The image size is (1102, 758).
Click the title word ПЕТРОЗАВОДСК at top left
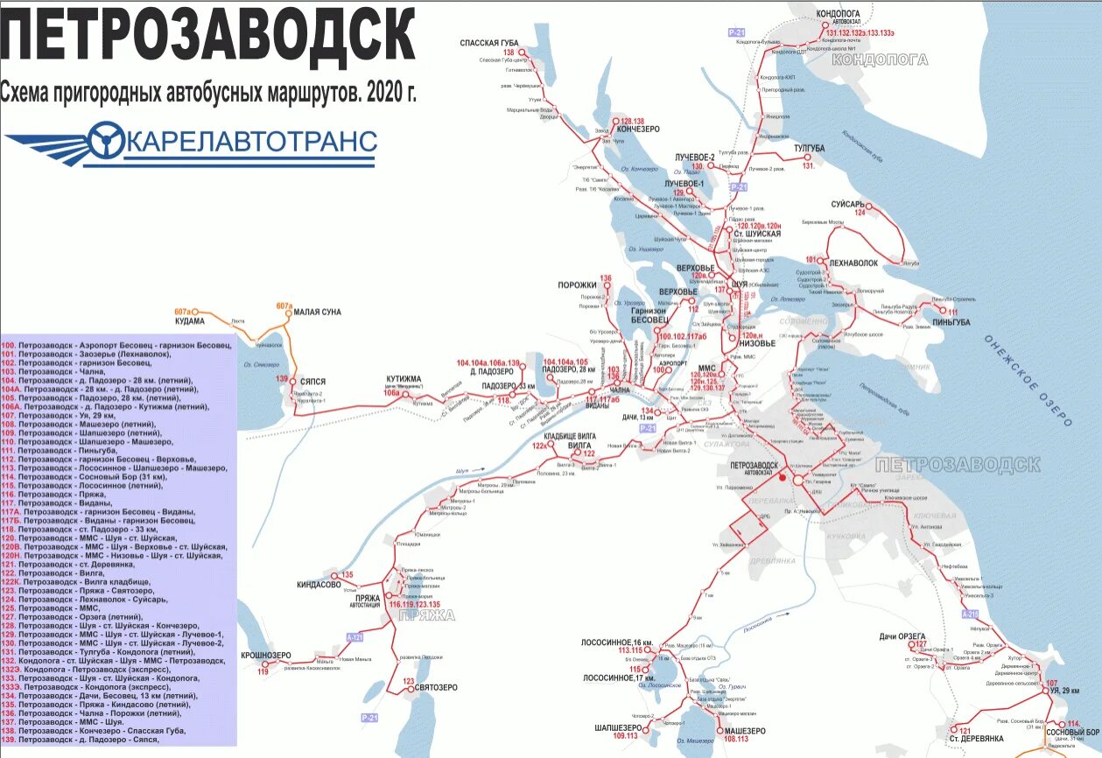click(x=208, y=37)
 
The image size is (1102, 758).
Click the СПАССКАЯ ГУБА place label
click(x=489, y=43)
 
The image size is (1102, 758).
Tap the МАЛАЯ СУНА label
click(x=317, y=312)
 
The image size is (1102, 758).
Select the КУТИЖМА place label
click(x=404, y=379)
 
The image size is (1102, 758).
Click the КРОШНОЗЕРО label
click(x=266, y=656)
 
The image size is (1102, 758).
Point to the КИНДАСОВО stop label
click(x=319, y=585)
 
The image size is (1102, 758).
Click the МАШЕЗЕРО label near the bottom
click(x=743, y=731)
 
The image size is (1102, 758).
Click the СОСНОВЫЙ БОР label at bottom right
click(x=1071, y=732)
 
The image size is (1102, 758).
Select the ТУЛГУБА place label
click(x=809, y=149)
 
